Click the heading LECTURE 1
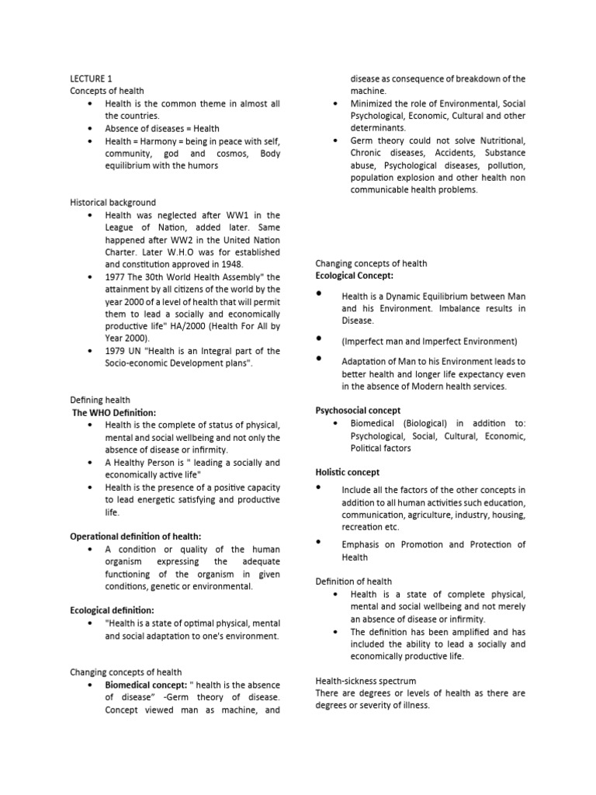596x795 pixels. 92,78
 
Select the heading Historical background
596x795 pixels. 113,203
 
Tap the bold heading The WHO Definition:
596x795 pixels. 114,412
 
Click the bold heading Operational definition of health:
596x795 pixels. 136,536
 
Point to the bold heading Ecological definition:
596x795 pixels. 113,611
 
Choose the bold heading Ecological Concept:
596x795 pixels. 354,276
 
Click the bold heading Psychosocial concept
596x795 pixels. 358,411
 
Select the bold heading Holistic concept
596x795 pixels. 348,472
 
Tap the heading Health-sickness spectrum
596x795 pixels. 366,681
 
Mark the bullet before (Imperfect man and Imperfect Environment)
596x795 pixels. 320,339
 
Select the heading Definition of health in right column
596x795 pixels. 353,581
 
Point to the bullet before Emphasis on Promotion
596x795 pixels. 320,543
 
